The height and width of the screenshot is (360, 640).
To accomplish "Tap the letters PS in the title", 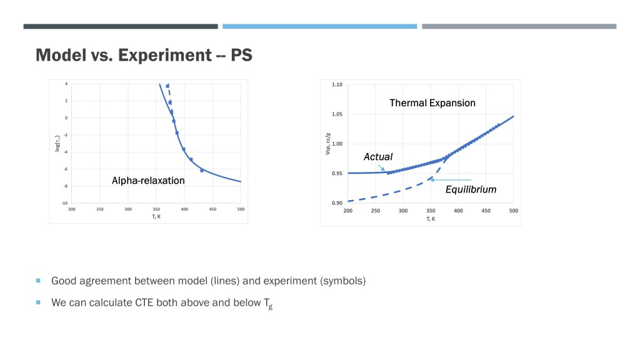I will (241, 55).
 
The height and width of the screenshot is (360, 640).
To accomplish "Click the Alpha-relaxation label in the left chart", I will (148, 181).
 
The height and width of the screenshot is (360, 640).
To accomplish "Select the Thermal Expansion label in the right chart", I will (432, 102).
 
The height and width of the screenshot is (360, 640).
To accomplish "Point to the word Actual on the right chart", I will (378, 157).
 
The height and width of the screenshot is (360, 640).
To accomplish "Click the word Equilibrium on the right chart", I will (471, 189).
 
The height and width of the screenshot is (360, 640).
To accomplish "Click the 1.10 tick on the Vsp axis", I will (337, 84).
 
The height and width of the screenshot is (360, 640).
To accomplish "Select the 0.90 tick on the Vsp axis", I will (337, 203).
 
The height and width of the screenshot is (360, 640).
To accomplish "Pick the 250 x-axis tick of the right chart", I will (376, 210).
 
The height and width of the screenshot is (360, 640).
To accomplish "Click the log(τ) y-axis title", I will (57, 143).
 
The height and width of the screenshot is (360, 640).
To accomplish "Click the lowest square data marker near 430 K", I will (202, 170).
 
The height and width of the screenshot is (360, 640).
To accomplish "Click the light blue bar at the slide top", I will (319, 26).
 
